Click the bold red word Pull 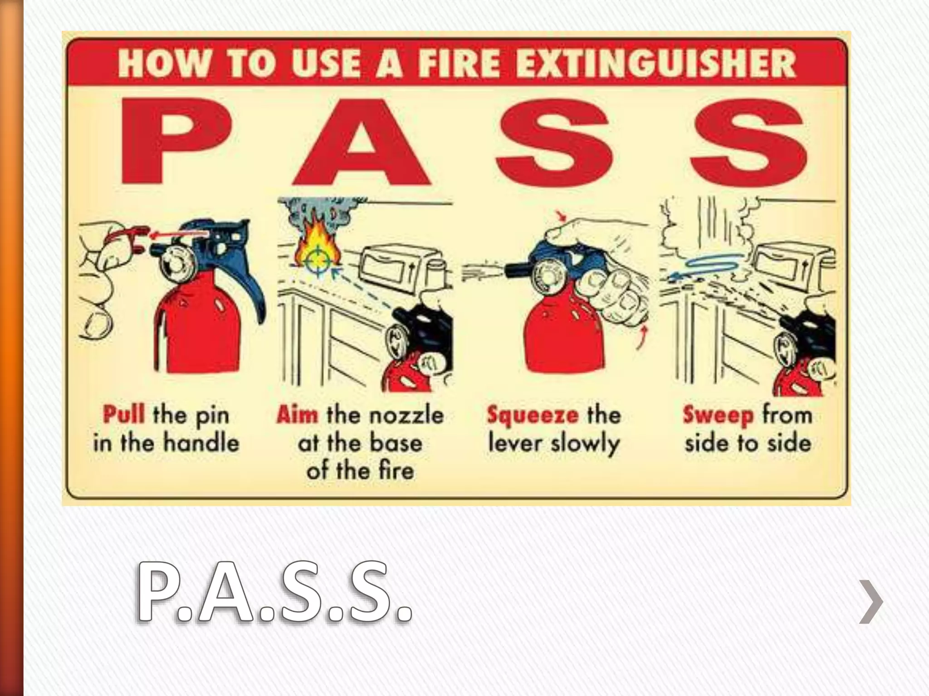124,415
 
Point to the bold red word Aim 297,415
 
